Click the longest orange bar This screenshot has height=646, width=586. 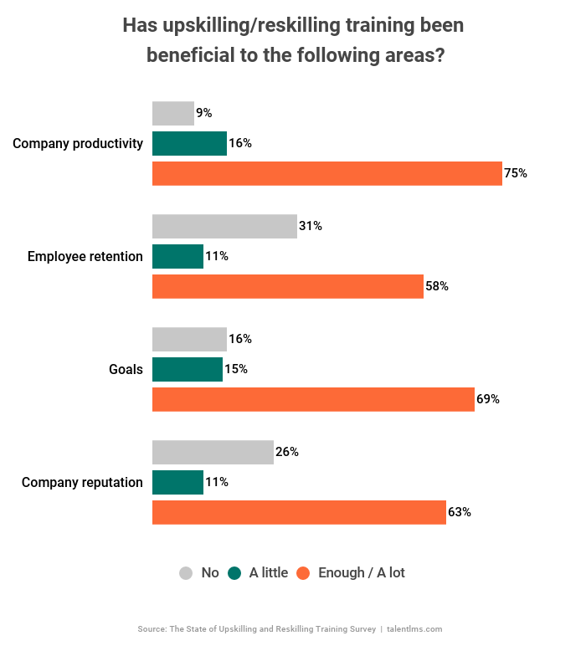click(326, 173)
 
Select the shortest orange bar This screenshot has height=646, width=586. click(287, 286)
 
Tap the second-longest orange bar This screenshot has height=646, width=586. click(313, 399)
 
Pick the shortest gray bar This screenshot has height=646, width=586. click(173, 114)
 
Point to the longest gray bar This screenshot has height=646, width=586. click(224, 227)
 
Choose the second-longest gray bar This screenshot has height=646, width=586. click(213, 453)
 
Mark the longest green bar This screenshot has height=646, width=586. click(189, 143)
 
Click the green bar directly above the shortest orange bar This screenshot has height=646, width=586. click(177, 256)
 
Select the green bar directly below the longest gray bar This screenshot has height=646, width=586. click(177, 256)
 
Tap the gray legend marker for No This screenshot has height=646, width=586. click(185, 573)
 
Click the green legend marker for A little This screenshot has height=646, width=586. click(234, 573)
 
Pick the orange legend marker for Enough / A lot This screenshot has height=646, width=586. click(303, 573)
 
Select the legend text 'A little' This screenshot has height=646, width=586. click(268, 573)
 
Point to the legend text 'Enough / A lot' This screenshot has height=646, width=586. click(361, 573)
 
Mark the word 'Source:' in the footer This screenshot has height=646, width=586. click(152, 628)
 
